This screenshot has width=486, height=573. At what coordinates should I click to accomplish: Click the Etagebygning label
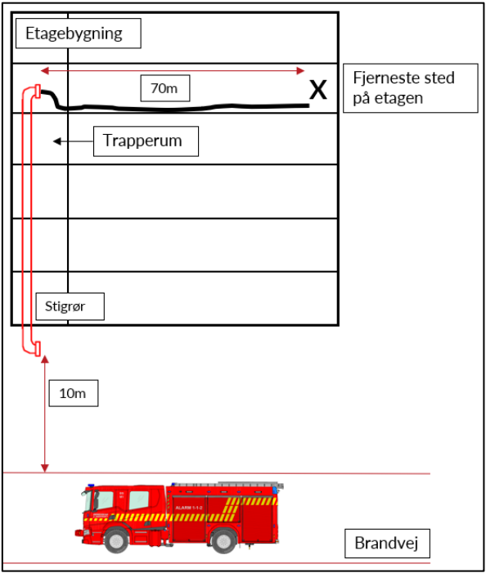[x=79, y=34]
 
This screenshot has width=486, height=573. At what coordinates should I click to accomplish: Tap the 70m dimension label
[x=165, y=88]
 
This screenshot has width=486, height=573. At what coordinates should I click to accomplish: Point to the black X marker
[x=317, y=90]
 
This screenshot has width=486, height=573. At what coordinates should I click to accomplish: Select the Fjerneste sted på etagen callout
[x=410, y=88]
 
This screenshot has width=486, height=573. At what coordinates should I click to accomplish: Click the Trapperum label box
[x=146, y=141]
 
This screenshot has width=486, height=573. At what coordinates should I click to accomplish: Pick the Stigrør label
[x=70, y=307]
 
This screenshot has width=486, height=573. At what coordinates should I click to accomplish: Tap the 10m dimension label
[x=74, y=393]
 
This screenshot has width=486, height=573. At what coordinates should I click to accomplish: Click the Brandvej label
[x=387, y=543]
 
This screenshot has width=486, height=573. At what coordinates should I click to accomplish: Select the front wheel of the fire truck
[x=116, y=541]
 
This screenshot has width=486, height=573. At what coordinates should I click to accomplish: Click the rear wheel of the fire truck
[x=223, y=541]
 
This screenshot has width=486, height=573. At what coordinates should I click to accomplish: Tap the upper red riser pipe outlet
[x=38, y=92]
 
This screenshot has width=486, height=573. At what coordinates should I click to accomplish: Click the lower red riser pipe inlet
[x=38, y=349]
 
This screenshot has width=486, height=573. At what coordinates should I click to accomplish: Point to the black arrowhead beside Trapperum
[x=57, y=141]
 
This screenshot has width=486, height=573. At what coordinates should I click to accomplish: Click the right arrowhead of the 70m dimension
[x=300, y=70]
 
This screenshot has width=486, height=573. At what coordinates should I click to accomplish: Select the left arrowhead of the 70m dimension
[x=45, y=70]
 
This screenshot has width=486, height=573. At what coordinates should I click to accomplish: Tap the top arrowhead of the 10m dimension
[x=45, y=359]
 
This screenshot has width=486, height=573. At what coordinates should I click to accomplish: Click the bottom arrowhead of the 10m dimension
[x=45, y=468]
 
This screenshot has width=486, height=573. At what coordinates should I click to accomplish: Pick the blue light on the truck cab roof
[x=91, y=486]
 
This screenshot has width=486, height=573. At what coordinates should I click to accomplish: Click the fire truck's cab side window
[x=139, y=500]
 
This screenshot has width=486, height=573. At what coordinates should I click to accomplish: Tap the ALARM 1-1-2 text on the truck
[x=189, y=508]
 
